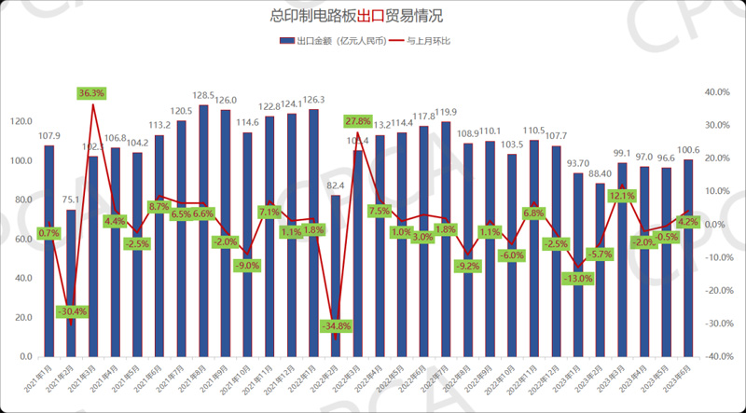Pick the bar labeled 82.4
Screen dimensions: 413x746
point(336,276)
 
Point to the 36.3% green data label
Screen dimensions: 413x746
point(92,93)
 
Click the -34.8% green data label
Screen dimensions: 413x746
point(335,326)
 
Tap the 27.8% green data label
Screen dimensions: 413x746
point(358,121)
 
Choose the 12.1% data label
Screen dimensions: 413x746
point(622,197)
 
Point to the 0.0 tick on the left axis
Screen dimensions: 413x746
point(25,357)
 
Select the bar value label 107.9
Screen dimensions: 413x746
point(48,134)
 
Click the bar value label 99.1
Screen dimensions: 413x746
point(622,152)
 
